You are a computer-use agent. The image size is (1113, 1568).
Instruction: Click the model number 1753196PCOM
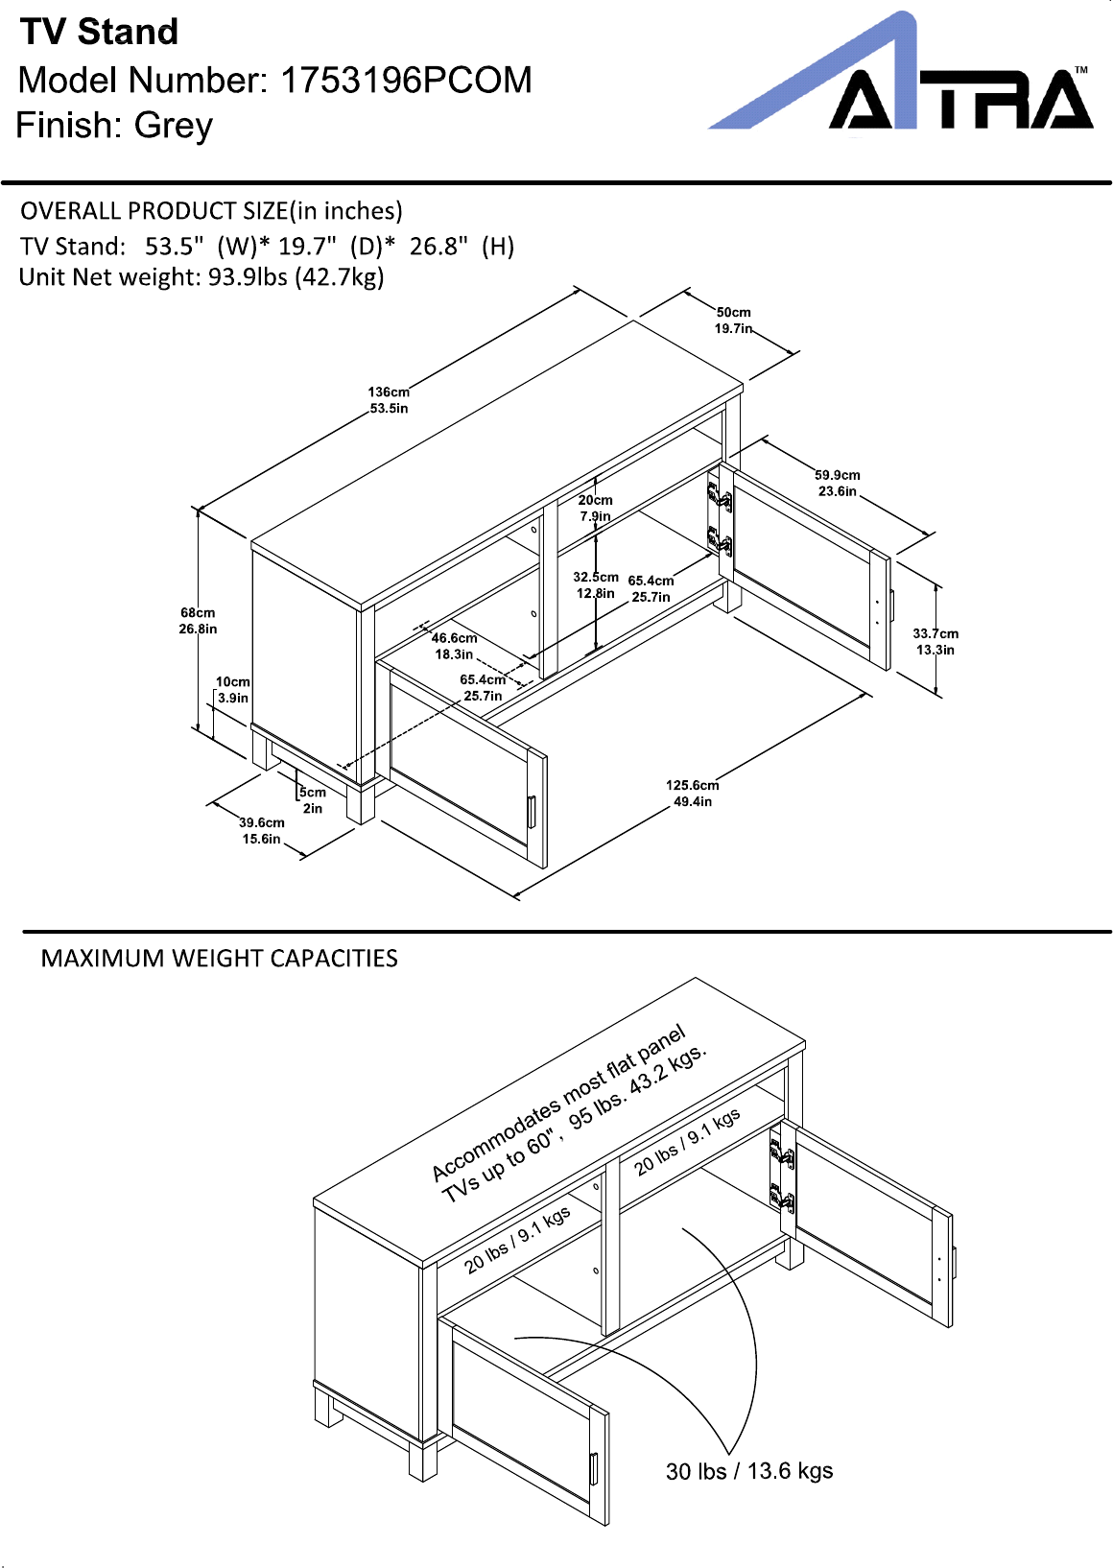(406, 80)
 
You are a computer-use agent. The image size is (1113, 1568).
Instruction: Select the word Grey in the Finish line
(174, 126)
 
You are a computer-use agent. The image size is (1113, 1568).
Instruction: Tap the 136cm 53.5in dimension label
(389, 400)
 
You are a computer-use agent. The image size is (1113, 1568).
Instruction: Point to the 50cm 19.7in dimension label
(733, 320)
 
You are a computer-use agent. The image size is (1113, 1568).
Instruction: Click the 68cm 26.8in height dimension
(198, 621)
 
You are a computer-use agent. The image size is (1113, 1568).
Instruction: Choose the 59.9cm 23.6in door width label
(838, 483)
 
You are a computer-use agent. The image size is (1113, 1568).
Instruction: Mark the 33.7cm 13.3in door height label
(935, 641)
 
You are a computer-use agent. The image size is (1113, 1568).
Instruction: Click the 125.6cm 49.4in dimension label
(693, 793)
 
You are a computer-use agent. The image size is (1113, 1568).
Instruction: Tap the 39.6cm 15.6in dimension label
(261, 830)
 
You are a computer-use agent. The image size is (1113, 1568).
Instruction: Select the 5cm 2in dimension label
(312, 800)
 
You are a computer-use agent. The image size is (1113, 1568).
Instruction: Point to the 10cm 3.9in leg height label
(232, 690)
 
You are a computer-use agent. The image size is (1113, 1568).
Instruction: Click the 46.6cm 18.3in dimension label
(454, 646)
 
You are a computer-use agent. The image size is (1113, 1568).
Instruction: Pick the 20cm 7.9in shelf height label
(595, 509)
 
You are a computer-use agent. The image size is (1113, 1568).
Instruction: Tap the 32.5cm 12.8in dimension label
(596, 585)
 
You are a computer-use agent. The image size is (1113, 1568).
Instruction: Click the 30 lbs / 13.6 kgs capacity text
(749, 1471)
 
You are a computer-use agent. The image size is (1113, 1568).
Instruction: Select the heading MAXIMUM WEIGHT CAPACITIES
(219, 959)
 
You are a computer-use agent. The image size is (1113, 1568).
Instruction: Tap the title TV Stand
(99, 33)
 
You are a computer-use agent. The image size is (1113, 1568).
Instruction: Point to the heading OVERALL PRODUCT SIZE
(154, 211)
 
